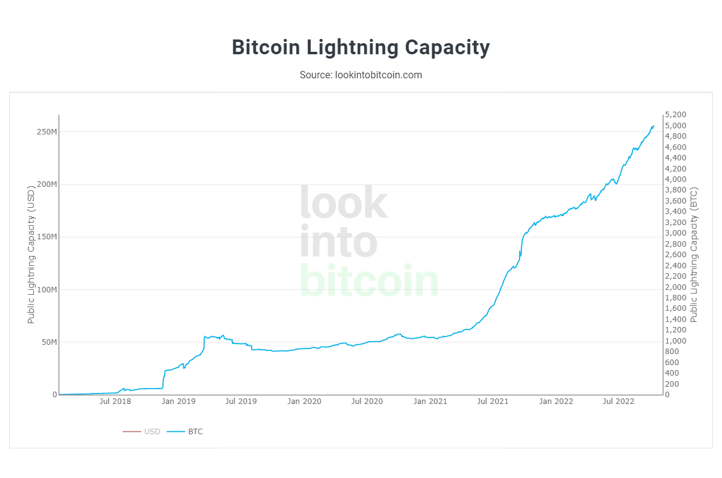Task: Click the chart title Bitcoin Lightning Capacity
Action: coord(360,47)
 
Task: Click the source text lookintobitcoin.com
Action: coord(360,75)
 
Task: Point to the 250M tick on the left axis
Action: coord(47,132)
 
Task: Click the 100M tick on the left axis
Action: coord(47,290)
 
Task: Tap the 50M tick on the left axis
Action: coord(49,342)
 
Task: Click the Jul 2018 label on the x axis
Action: coord(115,402)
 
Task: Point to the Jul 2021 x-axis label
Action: coord(493,402)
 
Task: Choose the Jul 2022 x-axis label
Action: coord(618,402)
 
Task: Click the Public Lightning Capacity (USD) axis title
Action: coord(31,255)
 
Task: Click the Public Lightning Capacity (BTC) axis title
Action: coord(694,255)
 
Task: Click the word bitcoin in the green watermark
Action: coord(369,281)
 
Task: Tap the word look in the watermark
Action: coord(344,203)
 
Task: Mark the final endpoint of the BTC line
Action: coord(654,126)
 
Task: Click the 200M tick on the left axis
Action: coord(47,184)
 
